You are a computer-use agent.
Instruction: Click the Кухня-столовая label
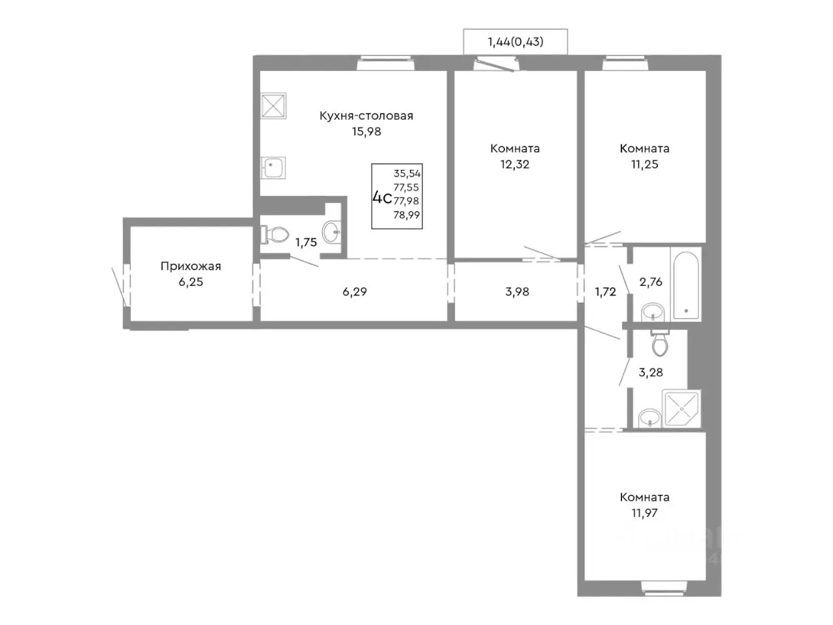pos(366,116)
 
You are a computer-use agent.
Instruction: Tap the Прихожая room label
pos(191,266)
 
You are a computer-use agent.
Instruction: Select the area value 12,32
pos(515,164)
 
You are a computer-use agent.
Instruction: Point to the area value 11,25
pos(644,164)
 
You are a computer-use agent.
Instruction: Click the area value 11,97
pos(644,513)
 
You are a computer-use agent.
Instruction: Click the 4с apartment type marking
pos(382,198)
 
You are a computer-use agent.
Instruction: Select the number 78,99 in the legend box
pos(407,215)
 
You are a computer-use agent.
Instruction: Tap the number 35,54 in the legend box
pos(407,173)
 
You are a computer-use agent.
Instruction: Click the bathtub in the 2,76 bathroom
pos(686,285)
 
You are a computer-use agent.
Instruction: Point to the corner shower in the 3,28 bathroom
pos(681,409)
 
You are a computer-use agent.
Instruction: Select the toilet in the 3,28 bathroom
pos(660,342)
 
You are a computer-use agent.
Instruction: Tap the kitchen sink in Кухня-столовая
pos(273,168)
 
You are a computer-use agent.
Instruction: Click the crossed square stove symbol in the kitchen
pos(273,105)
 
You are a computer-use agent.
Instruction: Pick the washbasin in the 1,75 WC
pos(332,230)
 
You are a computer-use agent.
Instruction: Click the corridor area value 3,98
pos(517,292)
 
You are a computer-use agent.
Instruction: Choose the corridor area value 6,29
pos(355,292)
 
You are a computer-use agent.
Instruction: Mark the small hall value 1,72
pos(605,292)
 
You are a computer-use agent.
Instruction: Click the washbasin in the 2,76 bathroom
pos(652,312)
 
